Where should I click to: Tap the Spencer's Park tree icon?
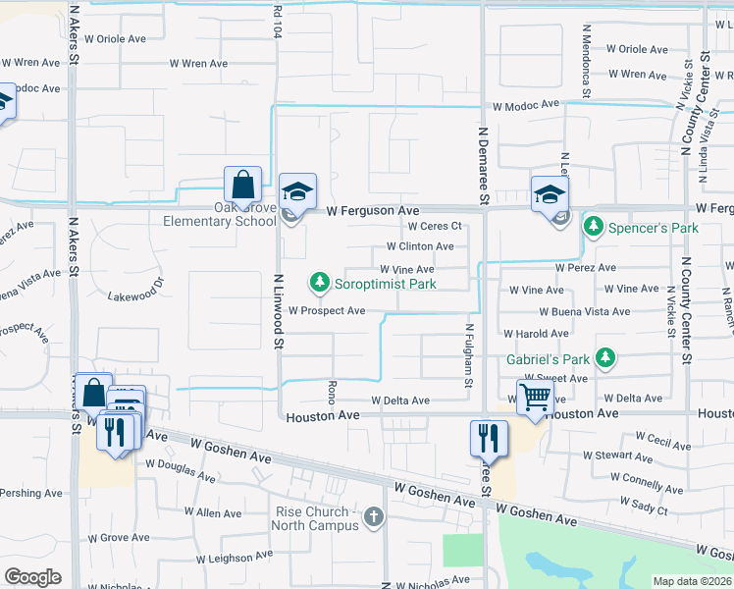pyautogui.click(x=593, y=228)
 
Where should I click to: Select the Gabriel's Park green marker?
pyautogui.click(x=606, y=359)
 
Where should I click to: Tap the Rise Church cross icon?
pyautogui.click(x=373, y=517)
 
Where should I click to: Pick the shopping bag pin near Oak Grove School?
pyautogui.click(x=242, y=185)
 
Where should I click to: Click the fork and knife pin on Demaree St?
pyautogui.click(x=489, y=436)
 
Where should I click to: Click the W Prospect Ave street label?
pyautogui.click(x=327, y=311)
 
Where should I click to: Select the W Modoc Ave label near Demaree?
pyautogui.click(x=525, y=104)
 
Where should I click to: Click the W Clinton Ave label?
pyautogui.click(x=420, y=246)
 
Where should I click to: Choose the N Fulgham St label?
pyautogui.click(x=469, y=355)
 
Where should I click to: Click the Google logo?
pyautogui.click(x=32, y=577)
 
